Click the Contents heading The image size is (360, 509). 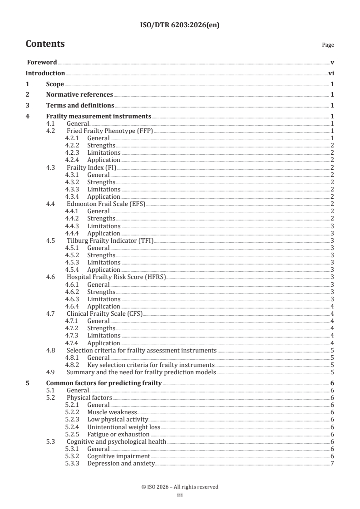coord(45,44)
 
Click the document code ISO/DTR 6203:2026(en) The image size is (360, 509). coord(180,25)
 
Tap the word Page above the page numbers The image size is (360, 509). coord(328,45)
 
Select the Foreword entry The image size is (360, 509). coord(41,62)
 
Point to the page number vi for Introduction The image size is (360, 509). coord(331,73)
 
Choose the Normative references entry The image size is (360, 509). coord(79,95)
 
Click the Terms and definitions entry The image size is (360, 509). coord(80,106)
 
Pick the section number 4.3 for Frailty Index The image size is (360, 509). coord(51,167)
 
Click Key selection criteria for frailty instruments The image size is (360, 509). coord(151,365)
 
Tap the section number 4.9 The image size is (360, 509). coord(51,372)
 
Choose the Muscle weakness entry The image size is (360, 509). coord(112,412)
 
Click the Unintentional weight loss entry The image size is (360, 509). coord(124,427)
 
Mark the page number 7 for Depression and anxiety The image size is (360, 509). coord(333,463)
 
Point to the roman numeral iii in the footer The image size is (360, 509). coord(180,495)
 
